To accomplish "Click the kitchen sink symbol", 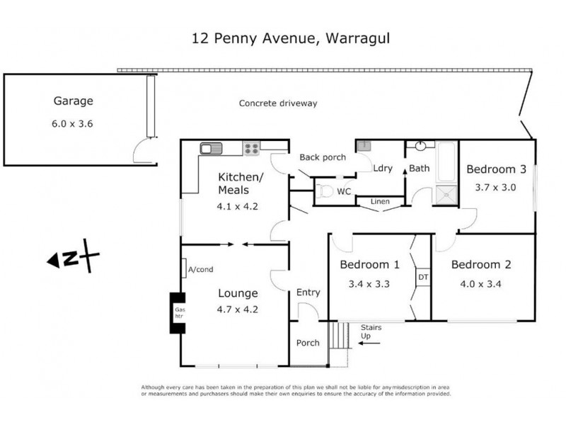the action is tap(211, 149).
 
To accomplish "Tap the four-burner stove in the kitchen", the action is tap(251, 149).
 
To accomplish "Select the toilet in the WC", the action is tap(324, 191).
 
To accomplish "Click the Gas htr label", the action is tap(180, 312).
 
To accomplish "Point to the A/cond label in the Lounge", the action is tap(200, 269).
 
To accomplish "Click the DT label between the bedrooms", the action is tap(423, 277).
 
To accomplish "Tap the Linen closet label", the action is tap(380, 201).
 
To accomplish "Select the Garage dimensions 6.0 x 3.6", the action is tap(72, 123).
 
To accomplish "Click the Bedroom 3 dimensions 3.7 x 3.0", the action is tap(495, 187).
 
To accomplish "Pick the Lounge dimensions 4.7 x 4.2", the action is tap(237, 310).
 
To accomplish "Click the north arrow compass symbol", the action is tap(74, 256).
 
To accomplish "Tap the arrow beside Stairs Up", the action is tap(369, 343).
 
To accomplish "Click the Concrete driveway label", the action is tap(278, 103).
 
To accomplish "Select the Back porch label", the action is tap(323, 157).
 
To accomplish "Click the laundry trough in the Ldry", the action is tap(364, 146).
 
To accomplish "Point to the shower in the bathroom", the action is tap(446, 195).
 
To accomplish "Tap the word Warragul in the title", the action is tap(358, 38).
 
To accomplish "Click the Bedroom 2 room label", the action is tap(481, 264).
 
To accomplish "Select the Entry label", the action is tap(308, 293).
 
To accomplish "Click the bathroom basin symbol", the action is tap(420, 146).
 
